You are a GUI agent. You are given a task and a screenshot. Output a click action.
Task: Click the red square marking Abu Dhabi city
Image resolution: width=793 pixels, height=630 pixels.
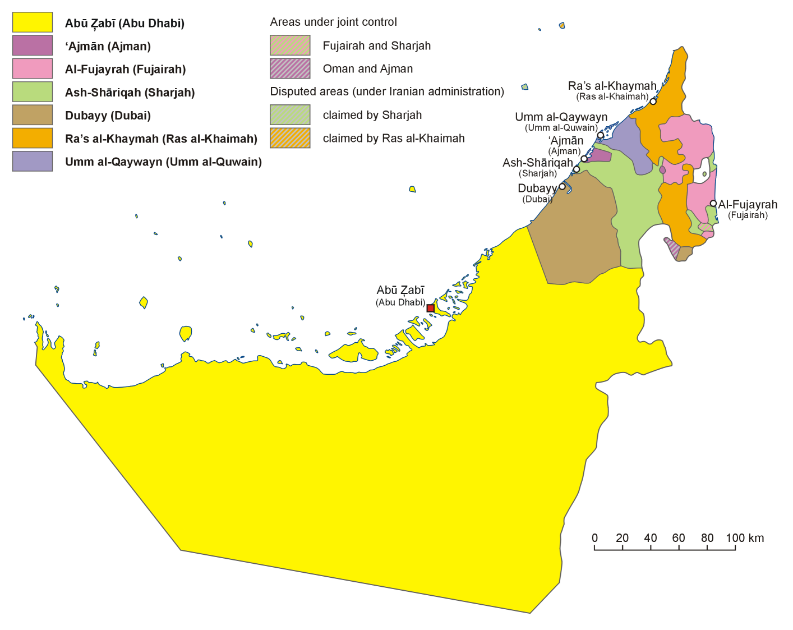(430, 308)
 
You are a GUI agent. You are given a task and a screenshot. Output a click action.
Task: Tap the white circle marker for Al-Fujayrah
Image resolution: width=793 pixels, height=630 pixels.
(713, 204)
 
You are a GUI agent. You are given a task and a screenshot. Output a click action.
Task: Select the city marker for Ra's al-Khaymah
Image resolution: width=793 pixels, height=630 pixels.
(653, 102)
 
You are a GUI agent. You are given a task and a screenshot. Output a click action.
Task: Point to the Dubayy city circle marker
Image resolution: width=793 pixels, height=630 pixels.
(563, 186)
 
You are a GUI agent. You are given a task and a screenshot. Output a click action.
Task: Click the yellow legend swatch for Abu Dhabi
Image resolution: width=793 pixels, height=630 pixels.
(33, 22)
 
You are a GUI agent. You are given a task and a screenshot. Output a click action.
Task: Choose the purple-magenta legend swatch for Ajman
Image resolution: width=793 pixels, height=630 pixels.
(33, 45)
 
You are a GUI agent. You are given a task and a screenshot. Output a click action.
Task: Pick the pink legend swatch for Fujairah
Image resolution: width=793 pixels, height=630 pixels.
(33, 68)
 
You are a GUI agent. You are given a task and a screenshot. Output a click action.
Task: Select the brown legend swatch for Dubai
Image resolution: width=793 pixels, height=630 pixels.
(33, 115)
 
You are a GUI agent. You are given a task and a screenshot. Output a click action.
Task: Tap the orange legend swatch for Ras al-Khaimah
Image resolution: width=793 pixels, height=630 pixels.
(33, 138)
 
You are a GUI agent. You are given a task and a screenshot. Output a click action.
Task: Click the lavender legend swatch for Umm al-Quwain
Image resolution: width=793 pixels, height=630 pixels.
(33, 161)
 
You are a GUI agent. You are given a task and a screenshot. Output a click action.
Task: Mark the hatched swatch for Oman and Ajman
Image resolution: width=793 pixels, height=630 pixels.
(290, 68)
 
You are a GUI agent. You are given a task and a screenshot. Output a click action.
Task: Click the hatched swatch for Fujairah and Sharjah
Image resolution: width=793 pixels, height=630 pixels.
(290, 45)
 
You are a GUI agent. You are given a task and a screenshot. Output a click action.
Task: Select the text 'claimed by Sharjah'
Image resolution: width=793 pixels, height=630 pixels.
(372, 115)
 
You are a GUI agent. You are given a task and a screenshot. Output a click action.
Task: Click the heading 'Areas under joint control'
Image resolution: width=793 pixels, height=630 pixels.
(333, 22)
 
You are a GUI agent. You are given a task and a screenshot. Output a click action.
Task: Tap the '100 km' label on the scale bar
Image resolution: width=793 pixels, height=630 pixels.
(744, 538)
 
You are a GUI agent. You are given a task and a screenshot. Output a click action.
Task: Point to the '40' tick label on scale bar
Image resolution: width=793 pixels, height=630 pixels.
(650, 538)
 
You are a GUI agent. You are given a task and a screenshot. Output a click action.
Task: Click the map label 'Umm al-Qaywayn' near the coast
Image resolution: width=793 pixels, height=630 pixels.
(561, 117)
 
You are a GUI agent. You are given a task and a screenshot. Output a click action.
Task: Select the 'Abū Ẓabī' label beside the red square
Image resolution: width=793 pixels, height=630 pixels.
(400, 290)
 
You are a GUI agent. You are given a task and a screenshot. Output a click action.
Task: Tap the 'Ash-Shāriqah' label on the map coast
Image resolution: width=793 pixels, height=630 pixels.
(537, 163)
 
